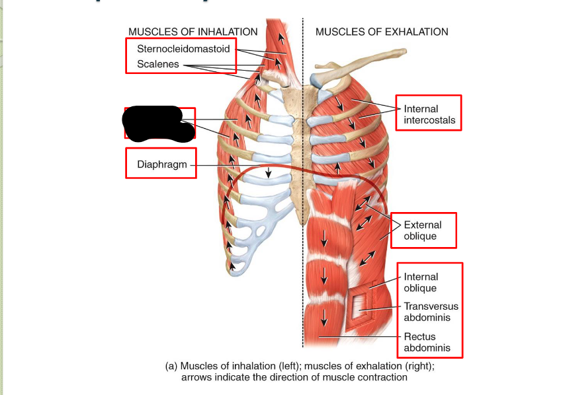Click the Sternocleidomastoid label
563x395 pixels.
pos(183,49)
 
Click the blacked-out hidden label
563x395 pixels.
pos(159,123)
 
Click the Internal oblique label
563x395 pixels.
pos(421,283)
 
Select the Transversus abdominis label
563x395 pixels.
pos(431,312)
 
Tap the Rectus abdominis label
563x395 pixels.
pos(427,342)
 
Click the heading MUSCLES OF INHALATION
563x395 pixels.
pos(193,32)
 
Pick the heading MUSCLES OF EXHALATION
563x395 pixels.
pos(382,32)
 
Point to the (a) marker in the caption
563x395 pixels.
pos(171,365)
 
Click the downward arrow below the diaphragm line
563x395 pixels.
pos(268,174)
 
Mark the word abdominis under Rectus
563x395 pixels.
pos(427,347)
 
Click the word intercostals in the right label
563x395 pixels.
pos(429,121)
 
